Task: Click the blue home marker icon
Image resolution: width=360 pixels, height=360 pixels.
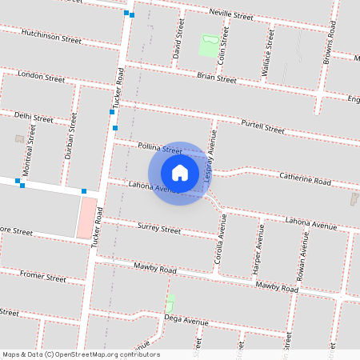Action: pos(180,172)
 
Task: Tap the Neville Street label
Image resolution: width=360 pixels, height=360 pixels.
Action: pos(230,15)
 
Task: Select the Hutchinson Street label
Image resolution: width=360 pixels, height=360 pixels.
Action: pos(52,36)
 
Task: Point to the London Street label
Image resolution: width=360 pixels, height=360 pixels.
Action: pos(41,78)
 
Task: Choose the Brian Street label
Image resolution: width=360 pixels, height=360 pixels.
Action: pos(216,78)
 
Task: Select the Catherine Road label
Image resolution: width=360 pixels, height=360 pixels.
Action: pos(304,181)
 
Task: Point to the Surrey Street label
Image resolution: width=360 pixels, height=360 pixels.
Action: pos(160,229)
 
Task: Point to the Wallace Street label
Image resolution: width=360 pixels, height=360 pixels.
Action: pos(268,54)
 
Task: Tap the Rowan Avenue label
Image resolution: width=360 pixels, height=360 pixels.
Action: pos(305,254)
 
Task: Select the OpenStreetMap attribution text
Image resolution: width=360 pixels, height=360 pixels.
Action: pos(81,354)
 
